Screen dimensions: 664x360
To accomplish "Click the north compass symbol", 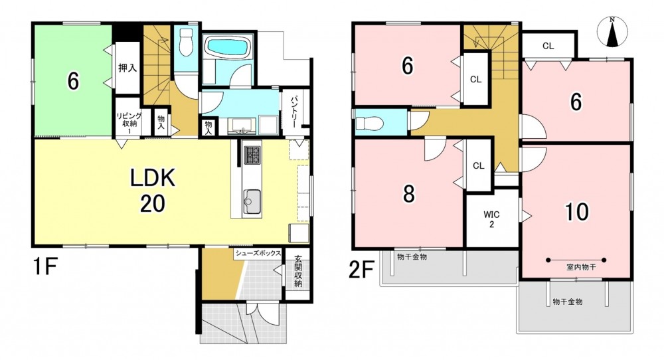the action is coord(612,32).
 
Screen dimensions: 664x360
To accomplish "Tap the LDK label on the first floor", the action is coord(153,179).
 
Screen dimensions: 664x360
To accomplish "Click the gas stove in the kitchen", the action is coord(252,155).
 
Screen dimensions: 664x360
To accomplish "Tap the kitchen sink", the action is coord(252,201).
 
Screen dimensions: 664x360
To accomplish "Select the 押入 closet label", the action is coord(127,67).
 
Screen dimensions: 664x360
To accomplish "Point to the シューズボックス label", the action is coord(258,253).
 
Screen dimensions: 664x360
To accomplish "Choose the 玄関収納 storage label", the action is coord(298,271).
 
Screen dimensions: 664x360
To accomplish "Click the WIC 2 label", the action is coord(491,219).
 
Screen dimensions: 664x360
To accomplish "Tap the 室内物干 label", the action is coord(580,268).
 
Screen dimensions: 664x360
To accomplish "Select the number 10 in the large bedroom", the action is coord(577,212).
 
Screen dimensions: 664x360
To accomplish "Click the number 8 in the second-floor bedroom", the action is coord(408,194).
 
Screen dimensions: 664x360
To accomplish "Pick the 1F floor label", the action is coord(44,267).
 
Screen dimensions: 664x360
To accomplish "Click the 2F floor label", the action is coord(362,270).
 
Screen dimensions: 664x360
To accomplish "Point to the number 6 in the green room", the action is coord(73,81).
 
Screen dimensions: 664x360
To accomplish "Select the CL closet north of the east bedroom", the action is coord(548,46).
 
